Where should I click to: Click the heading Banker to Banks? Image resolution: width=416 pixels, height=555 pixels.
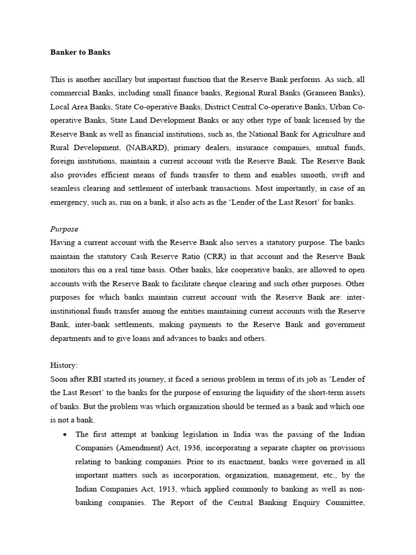[80, 53]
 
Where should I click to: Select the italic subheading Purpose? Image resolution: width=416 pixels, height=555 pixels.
[64, 229]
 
